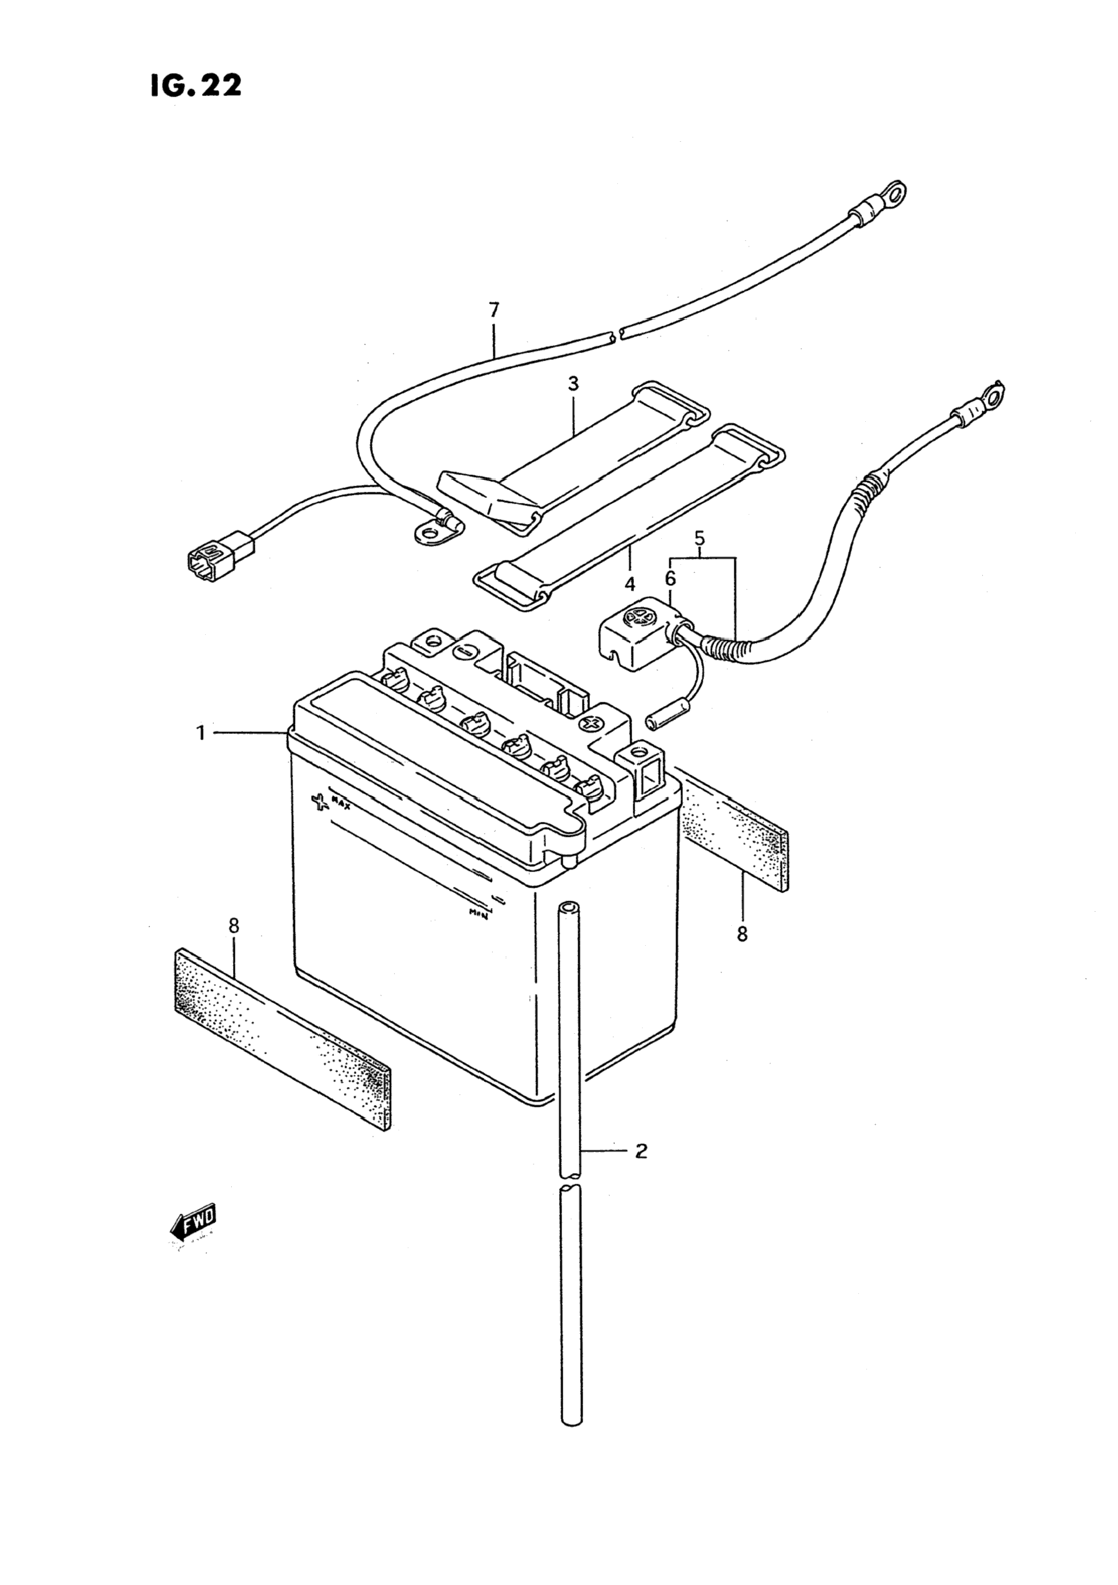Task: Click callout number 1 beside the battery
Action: (201, 733)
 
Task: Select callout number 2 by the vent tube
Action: (641, 1151)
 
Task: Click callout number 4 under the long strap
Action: (629, 585)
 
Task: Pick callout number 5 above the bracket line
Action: (700, 537)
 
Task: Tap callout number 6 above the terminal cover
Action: (670, 579)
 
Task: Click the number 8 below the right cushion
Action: (742, 934)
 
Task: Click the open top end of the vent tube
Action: (568, 904)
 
